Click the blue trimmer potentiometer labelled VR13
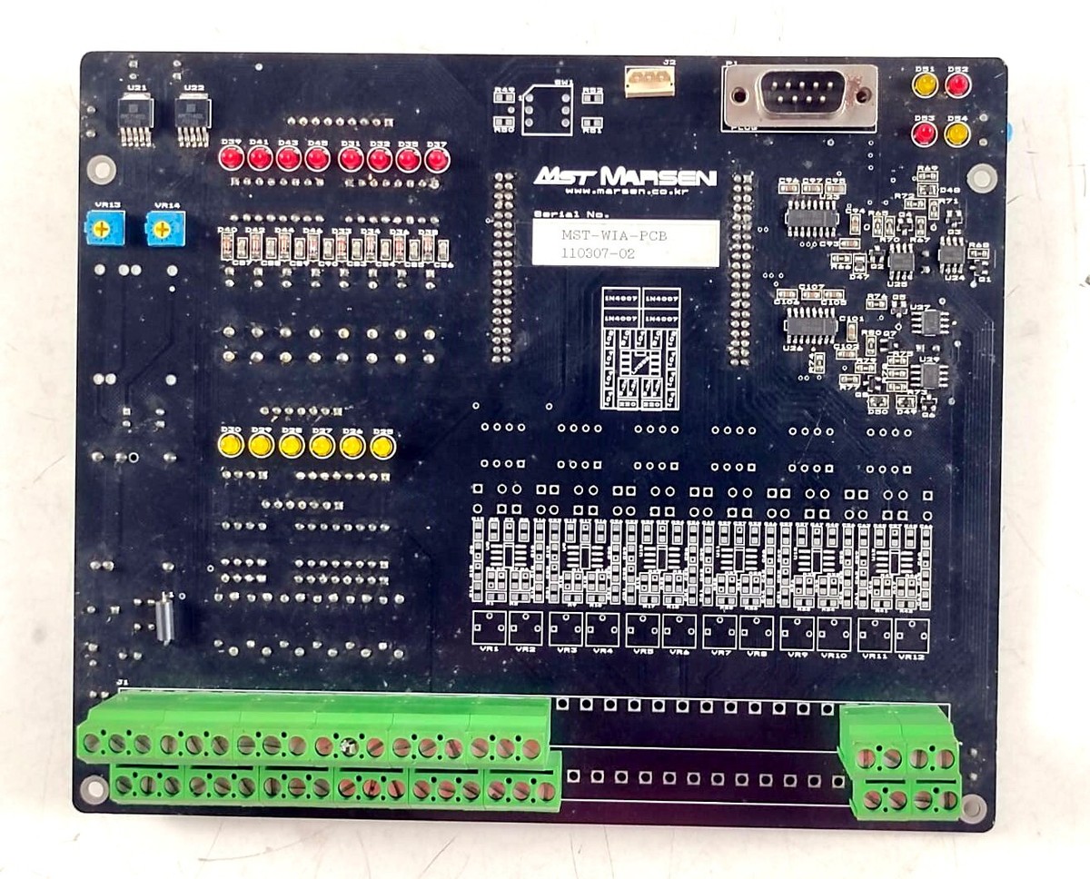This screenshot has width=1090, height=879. [104, 228]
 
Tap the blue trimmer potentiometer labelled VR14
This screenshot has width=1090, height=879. [164, 228]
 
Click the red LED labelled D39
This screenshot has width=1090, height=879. [231, 159]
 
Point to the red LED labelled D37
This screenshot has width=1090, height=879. [437, 160]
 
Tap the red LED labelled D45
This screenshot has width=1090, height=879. [317, 159]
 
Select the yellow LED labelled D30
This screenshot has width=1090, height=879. [231, 445]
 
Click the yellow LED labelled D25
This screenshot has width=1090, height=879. [382, 446]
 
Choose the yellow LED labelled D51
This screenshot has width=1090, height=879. [925, 85]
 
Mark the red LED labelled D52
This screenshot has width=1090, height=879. [957, 85]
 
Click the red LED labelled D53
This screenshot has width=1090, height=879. [925, 134]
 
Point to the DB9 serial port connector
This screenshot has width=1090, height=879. [800, 94]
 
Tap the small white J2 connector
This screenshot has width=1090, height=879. [649, 81]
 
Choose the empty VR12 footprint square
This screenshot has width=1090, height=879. [911, 635]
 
